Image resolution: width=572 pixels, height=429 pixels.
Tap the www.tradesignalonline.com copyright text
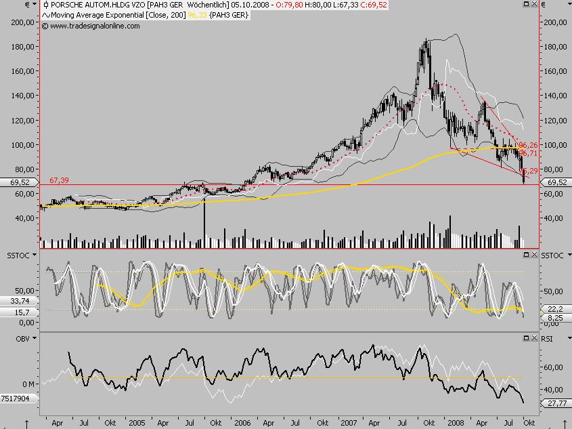point(91,26)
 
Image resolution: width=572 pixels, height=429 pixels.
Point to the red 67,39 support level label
point(59,180)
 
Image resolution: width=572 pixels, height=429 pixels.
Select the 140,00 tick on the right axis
point(555,96)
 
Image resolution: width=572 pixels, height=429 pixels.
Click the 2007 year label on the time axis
point(349,422)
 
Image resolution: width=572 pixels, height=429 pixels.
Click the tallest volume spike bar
point(204,224)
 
